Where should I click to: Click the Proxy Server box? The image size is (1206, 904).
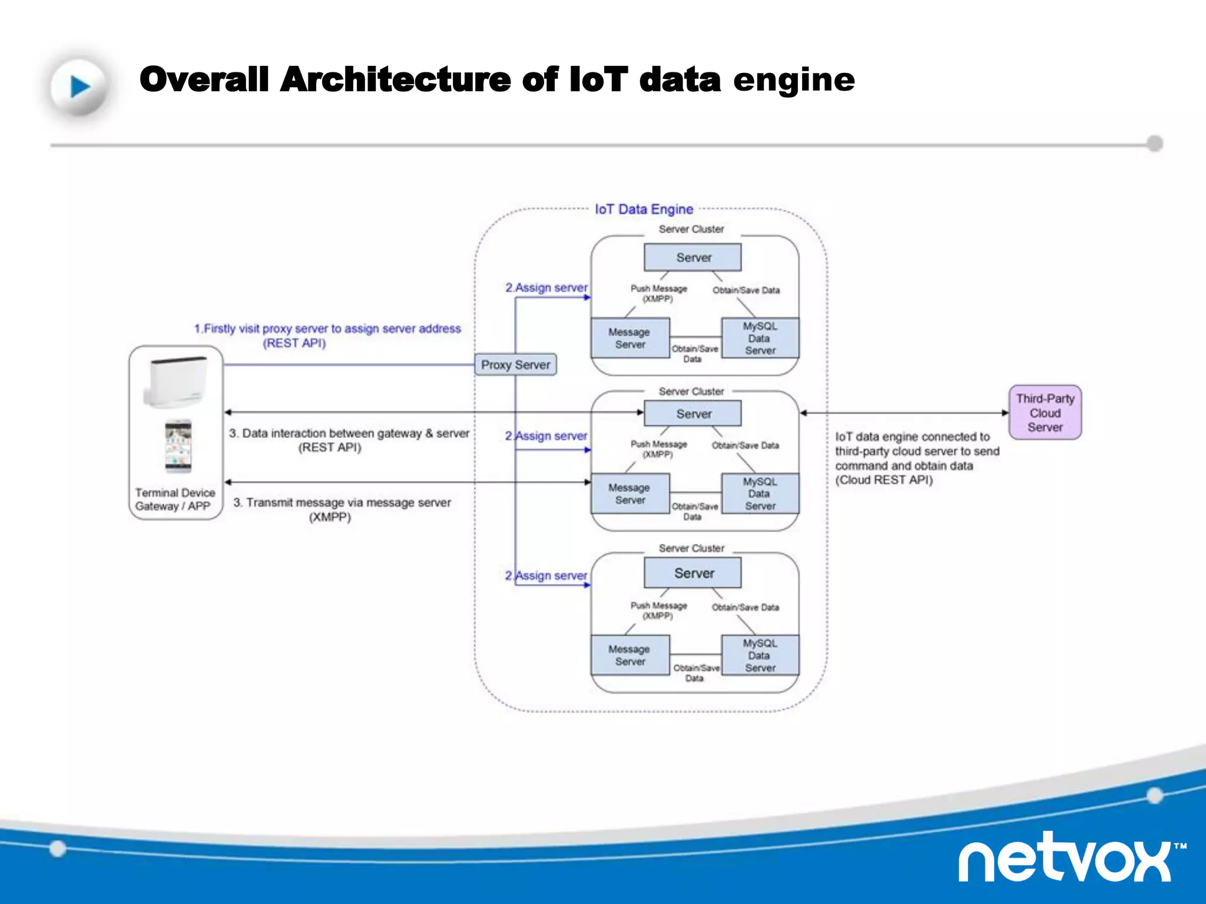pos(515,365)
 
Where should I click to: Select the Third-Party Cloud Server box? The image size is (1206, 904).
pos(1045,413)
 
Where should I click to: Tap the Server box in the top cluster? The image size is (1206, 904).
pos(693,258)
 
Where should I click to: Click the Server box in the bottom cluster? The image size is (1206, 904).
pos(693,573)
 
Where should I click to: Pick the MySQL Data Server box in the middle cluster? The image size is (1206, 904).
pos(760,494)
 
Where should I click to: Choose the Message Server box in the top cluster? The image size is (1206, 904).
pos(630,338)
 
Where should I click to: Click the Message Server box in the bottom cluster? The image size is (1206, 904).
pos(630,655)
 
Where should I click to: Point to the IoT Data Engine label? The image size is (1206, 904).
pos(644,209)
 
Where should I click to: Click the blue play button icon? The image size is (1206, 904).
pos(79,87)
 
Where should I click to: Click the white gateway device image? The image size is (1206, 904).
pos(175,381)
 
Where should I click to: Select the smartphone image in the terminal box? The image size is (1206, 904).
pos(178,446)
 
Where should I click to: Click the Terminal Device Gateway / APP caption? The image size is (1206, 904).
pos(175,499)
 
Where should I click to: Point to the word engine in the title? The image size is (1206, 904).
pos(793,80)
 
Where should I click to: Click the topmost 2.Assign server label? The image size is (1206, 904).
pos(546,288)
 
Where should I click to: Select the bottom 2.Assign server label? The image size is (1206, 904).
pos(546,576)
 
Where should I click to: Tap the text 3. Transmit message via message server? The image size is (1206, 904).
pos(342,503)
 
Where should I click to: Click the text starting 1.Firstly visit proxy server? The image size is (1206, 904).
pos(327,329)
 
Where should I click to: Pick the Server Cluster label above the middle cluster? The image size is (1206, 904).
pos(691,391)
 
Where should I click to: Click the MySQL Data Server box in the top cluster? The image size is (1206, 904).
pos(760,338)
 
